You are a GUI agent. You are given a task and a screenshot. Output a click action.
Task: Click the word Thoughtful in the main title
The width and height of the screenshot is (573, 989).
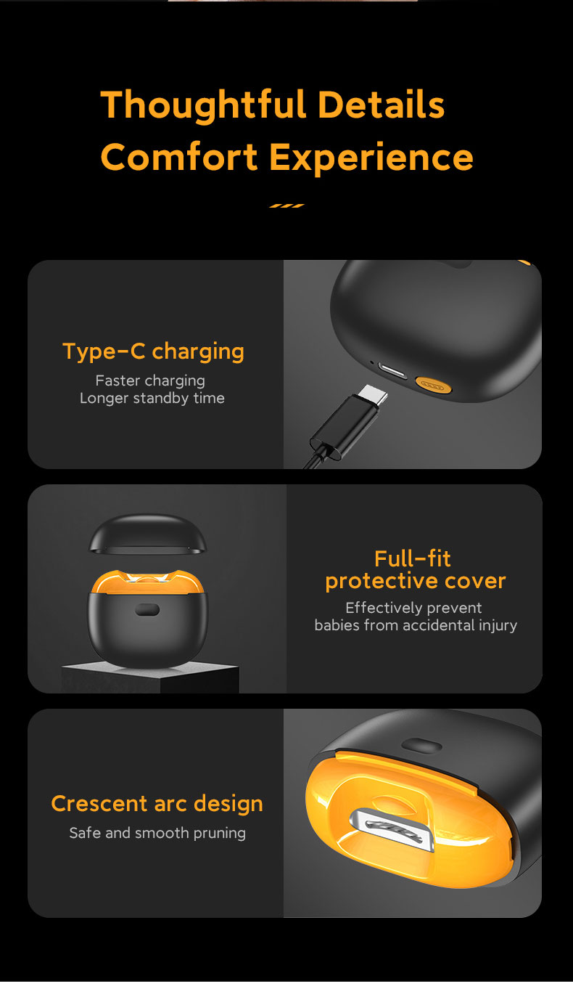point(204,106)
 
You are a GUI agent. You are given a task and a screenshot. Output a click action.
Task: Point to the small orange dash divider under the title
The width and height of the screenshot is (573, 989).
point(286,205)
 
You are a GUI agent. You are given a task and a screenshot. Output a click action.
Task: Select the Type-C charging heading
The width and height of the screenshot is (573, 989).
point(154,352)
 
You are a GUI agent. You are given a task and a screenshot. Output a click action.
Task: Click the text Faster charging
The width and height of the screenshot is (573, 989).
point(150,380)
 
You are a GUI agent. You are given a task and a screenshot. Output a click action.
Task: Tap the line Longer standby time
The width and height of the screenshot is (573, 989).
point(152,398)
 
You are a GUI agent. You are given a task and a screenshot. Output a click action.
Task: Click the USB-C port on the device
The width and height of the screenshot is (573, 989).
point(392,371)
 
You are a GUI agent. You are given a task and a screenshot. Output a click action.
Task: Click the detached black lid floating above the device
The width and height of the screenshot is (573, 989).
point(147,534)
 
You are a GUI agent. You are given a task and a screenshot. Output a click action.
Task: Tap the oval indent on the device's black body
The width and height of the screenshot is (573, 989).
point(147,610)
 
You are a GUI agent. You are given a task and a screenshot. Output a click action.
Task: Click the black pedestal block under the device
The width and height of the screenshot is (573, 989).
point(150,677)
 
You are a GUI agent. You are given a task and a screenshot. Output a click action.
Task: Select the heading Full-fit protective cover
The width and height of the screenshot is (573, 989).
point(415,569)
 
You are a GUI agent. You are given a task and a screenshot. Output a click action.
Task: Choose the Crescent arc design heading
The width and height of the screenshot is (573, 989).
point(157,804)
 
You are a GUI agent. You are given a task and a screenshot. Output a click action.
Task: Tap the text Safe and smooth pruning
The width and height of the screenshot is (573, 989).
point(157,833)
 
